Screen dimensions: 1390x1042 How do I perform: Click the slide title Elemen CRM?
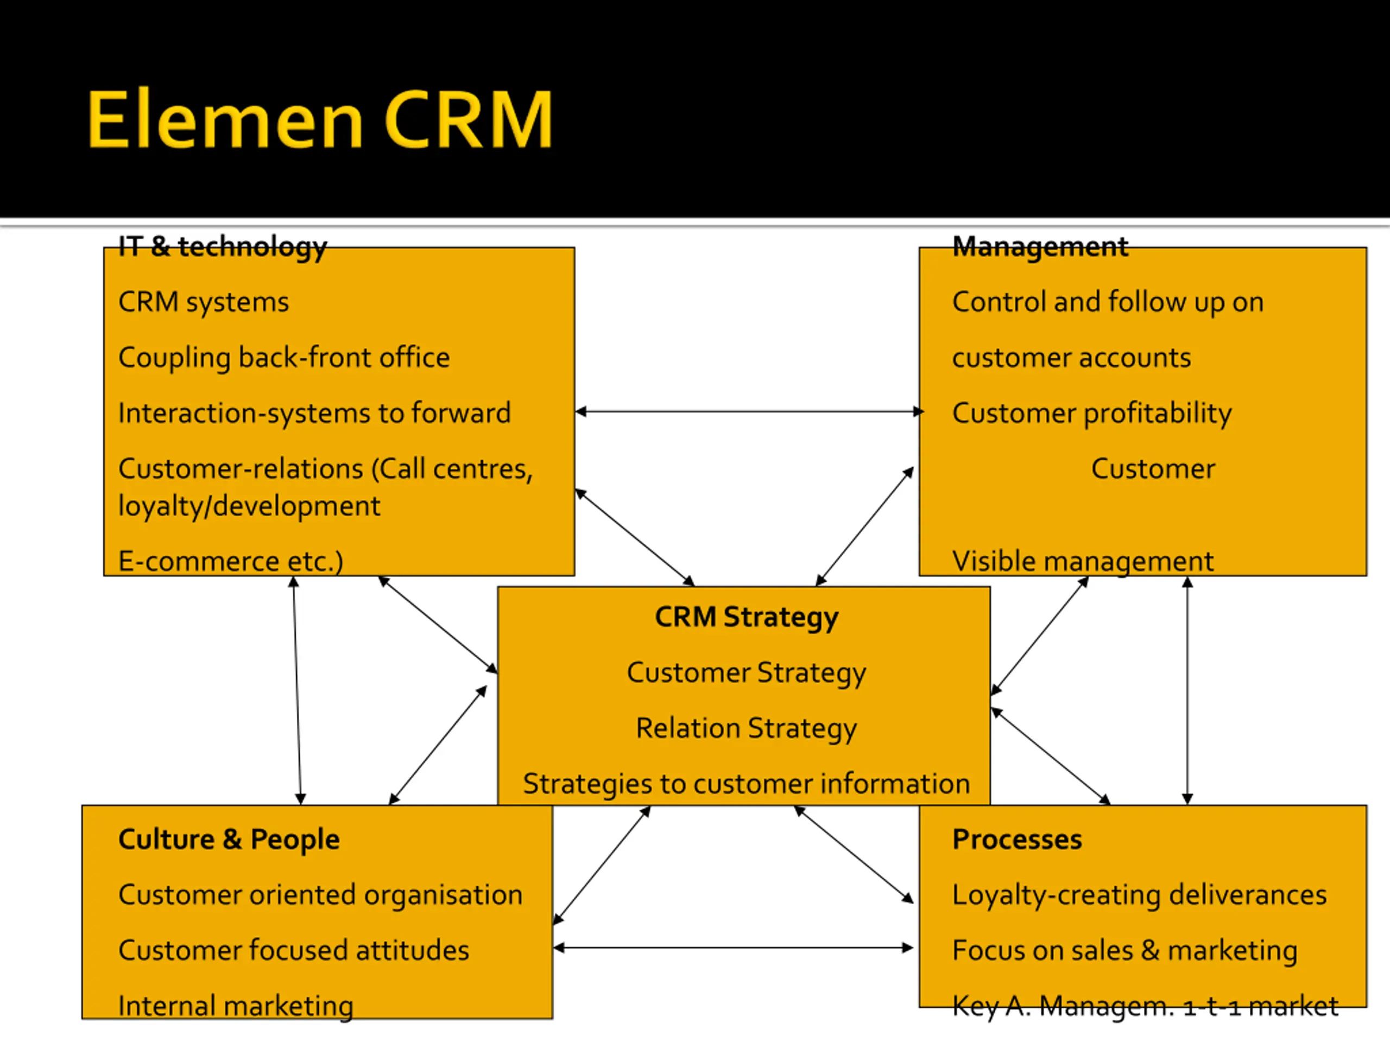(x=319, y=119)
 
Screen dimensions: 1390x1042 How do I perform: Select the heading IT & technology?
(x=223, y=247)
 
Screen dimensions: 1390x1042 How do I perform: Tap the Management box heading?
(x=1040, y=246)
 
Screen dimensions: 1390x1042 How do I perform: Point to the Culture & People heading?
(x=229, y=839)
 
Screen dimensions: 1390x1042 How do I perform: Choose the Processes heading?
(x=1017, y=840)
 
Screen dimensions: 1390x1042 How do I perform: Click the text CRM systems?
(x=204, y=302)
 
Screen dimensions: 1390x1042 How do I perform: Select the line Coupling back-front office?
(x=284, y=358)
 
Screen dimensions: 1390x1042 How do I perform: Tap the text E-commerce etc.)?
(x=231, y=561)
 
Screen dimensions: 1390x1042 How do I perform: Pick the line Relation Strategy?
(x=747, y=728)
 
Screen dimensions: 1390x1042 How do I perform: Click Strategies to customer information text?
(x=747, y=784)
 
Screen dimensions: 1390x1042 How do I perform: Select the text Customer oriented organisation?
(x=320, y=895)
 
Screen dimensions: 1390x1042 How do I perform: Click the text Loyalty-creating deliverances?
(x=1139, y=895)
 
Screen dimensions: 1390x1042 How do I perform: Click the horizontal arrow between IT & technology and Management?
(x=749, y=411)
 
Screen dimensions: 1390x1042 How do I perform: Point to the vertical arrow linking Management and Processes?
(x=1187, y=690)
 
